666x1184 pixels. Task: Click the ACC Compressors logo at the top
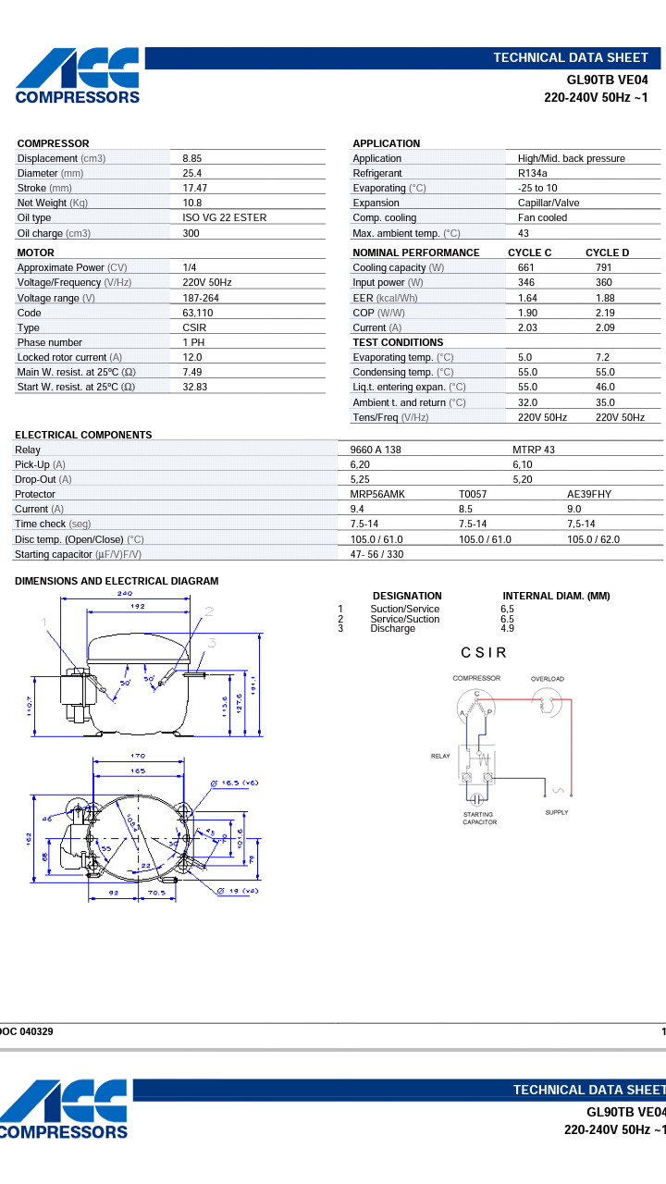78,76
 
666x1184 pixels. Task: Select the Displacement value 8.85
192,158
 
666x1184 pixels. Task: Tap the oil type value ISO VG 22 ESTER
225,217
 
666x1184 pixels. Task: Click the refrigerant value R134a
532,173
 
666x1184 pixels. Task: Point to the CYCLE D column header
608,253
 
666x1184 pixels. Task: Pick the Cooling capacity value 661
526,267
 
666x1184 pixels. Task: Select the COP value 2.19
605,313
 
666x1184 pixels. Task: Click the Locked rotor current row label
69,357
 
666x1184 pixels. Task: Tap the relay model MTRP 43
534,450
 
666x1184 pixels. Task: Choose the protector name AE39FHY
589,494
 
